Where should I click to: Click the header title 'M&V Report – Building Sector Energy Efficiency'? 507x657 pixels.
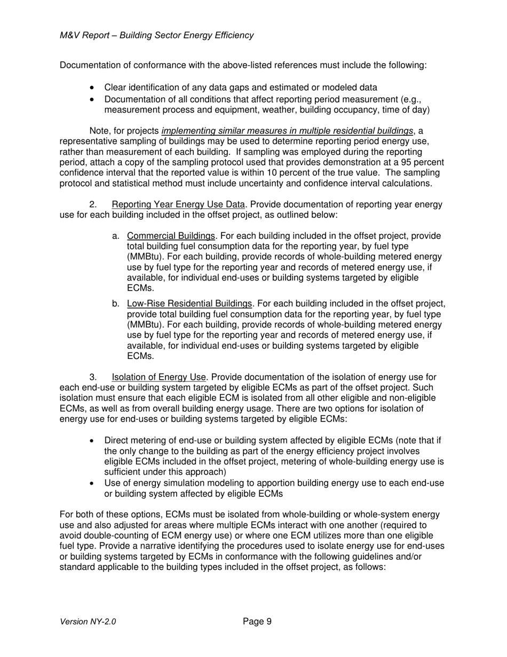click(x=157, y=35)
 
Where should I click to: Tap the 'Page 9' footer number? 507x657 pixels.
click(x=257, y=621)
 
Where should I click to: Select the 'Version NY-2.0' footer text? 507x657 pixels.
click(x=88, y=622)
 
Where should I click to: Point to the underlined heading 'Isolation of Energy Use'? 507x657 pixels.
click(x=159, y=377)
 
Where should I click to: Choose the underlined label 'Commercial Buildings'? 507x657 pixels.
click(x=171, y=236)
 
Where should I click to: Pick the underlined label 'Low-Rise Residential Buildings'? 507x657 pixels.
click(x=189, y=304)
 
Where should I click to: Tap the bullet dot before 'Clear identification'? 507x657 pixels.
click(x=93, y=88)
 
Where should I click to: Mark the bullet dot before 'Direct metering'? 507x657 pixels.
click(x=93, y=441)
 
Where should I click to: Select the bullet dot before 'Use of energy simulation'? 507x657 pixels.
click(x=93, y=483)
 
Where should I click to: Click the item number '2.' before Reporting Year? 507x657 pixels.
click(x=93, y=205)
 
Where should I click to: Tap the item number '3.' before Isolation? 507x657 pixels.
click(x=93, y=377)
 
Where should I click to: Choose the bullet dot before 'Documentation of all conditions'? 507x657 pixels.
click(x=93, y=100)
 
